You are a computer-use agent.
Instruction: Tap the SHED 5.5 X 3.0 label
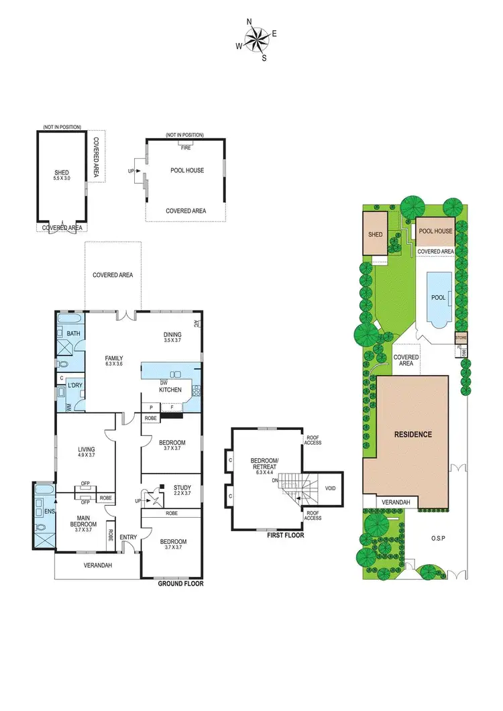coord(62,176)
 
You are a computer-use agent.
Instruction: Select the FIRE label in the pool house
coord(186,148)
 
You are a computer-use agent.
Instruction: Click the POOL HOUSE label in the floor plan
coord(187,170)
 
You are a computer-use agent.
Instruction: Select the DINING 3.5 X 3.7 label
coord(173,337)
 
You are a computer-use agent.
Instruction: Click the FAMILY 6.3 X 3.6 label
coord(114,362)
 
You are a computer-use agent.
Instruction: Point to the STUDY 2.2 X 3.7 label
coord(182,490)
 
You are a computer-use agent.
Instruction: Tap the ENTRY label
coord(128,537)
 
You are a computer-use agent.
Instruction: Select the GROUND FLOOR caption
coord(180,584)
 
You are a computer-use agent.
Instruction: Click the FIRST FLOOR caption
coord(285,535)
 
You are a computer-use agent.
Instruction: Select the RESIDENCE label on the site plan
coord(412,434)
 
